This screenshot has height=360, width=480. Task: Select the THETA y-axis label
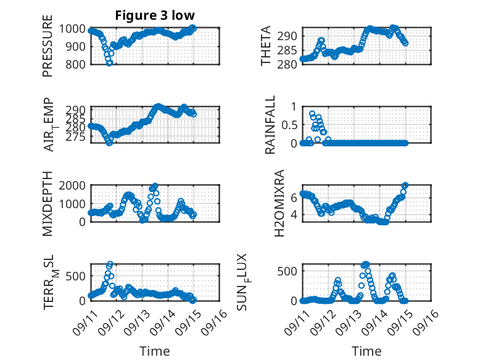(x=267, y=46)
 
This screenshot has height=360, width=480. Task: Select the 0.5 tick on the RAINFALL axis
(x=289, y=125)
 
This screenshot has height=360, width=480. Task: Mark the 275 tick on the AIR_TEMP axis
(x=78, y=136)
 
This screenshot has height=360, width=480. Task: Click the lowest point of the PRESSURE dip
(x=110, y=62)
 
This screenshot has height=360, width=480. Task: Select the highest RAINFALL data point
(x=312, y=114)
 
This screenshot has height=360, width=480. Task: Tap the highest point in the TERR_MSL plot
(x=110, y=264)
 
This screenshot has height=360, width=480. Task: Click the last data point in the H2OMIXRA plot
(x=405, y=185)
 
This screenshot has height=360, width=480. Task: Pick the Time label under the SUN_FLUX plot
(x=366, y=351)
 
